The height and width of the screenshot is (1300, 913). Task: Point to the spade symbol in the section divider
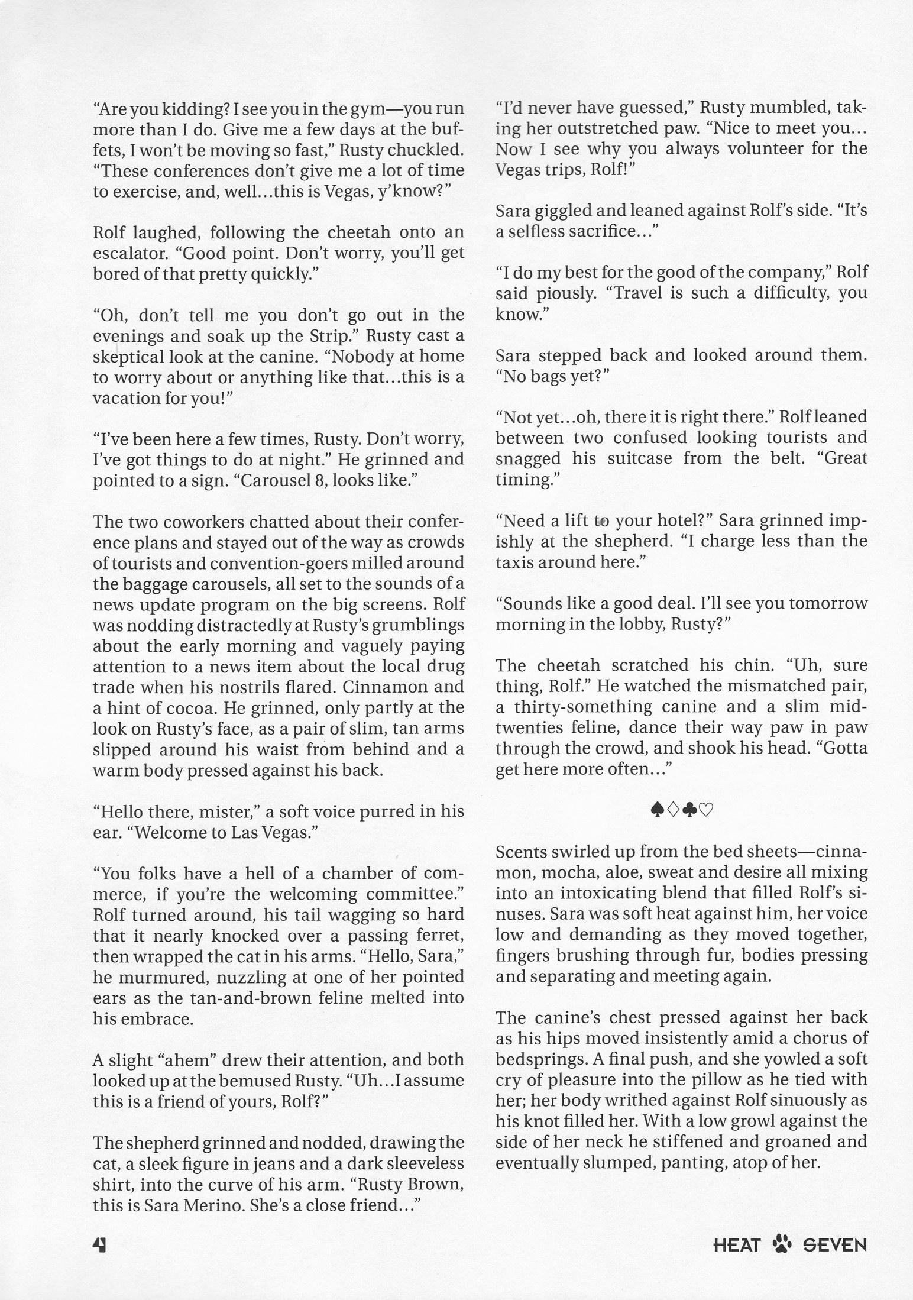(656, 810)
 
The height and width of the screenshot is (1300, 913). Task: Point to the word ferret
(435, 936)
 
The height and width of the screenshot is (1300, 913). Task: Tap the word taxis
(519, 562)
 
